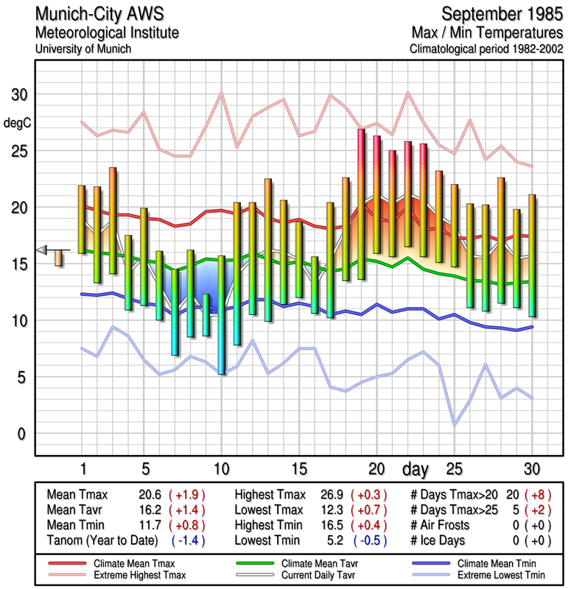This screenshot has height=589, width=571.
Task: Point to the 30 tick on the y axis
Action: [18, 96]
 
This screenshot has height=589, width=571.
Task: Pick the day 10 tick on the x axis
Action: [221, 469]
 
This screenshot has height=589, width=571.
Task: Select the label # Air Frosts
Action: [445, 525]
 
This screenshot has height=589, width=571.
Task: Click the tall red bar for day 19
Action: [361, 204]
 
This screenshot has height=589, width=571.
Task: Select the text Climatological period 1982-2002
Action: [486, 49]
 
